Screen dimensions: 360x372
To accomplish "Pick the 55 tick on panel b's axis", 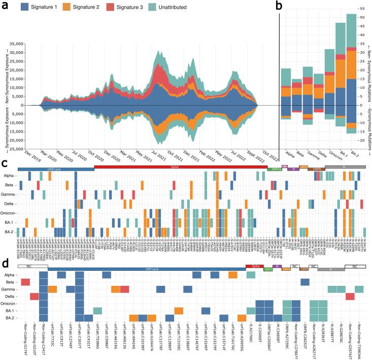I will [362, 8].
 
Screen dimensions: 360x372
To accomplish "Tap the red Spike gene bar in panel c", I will [181, 167].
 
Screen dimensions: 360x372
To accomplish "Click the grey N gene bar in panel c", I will [345, 167].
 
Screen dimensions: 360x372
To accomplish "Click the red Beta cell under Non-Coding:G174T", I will [25, 282].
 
